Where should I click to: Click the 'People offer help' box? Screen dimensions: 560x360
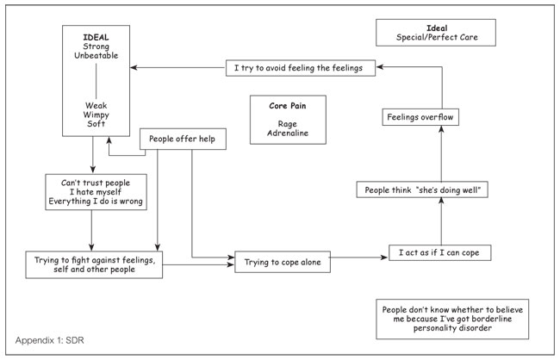click(x=183, y=139)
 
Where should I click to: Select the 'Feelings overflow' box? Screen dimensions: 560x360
click(x=420, y=117)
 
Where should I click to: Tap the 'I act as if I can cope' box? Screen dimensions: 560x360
click(x=439, y=253)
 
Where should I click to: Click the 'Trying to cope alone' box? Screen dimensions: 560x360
click(x=283, y=262)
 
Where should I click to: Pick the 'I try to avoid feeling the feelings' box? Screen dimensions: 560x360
click(x=301, y=68)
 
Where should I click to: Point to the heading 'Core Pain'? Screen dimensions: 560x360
click(x=288, y=106)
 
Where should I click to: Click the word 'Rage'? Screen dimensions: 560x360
click(x=288, y=124)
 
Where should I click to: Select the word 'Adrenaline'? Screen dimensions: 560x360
click(x=288, y=133)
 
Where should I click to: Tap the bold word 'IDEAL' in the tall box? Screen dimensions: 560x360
click(x=96, y=38)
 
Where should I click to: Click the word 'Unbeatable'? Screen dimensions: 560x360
click(x=96, y=56)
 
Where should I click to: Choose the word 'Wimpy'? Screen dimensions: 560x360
click(x=96, y=115)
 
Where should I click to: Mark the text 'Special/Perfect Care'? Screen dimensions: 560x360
click(x=437, y=37)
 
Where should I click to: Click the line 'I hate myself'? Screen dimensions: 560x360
click(x=96, y=192)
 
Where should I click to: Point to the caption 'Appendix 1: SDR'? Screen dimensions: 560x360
click(x=50, y=340)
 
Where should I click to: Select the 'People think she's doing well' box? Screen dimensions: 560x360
click(x=422, y=189)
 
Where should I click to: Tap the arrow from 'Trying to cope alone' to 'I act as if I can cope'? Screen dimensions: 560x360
click(x=358, y=258)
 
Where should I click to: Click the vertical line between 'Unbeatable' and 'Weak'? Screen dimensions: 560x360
click(x=96, y=81)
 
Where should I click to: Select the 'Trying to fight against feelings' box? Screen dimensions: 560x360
click(x=94, y=264)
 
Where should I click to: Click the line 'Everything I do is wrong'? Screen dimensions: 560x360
click(x=96, y=202)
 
